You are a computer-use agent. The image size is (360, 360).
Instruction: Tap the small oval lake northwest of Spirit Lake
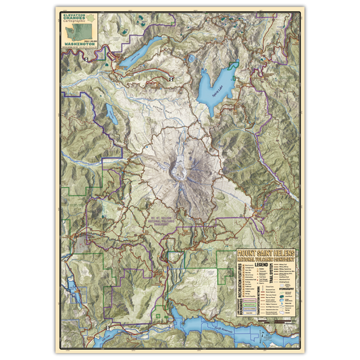pos(192,59)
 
